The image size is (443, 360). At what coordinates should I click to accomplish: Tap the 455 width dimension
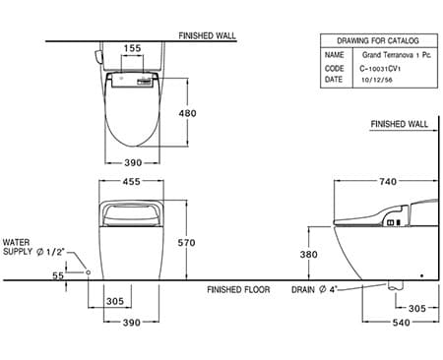[132, 180]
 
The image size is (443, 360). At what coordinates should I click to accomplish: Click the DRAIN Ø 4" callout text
[317, 291]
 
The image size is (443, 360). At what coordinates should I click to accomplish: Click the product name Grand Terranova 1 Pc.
[389, 57]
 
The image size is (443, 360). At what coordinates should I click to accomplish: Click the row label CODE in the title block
[335, 69]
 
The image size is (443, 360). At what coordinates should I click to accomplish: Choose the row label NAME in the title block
[335, 57]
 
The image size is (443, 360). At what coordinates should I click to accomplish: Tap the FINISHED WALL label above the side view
[400, 125]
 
